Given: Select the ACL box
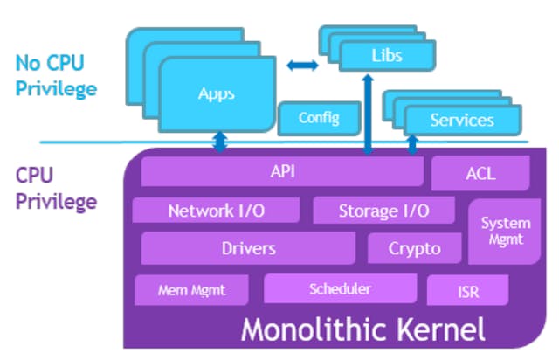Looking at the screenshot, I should click(480, 173).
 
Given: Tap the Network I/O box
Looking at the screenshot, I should click(215, 211).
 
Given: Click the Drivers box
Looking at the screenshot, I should click(248, 248).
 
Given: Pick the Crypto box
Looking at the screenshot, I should click(414, 249).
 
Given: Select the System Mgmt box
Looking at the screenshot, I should click(505, 231).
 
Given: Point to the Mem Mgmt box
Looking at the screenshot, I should click(191, 289).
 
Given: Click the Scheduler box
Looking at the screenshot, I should click(340, 288).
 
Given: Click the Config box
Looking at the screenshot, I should click(318, 117).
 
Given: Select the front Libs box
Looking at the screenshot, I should click(385, 56).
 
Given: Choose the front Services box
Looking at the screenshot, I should click(462, 120).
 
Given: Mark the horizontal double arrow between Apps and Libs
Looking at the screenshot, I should click(302, 65).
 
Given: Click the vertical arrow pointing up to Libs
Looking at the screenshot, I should click(368, 114).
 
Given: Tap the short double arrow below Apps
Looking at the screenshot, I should click(220, 141).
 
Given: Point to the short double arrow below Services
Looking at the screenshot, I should click(411, 142).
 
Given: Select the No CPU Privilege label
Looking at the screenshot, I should click(56, 76).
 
